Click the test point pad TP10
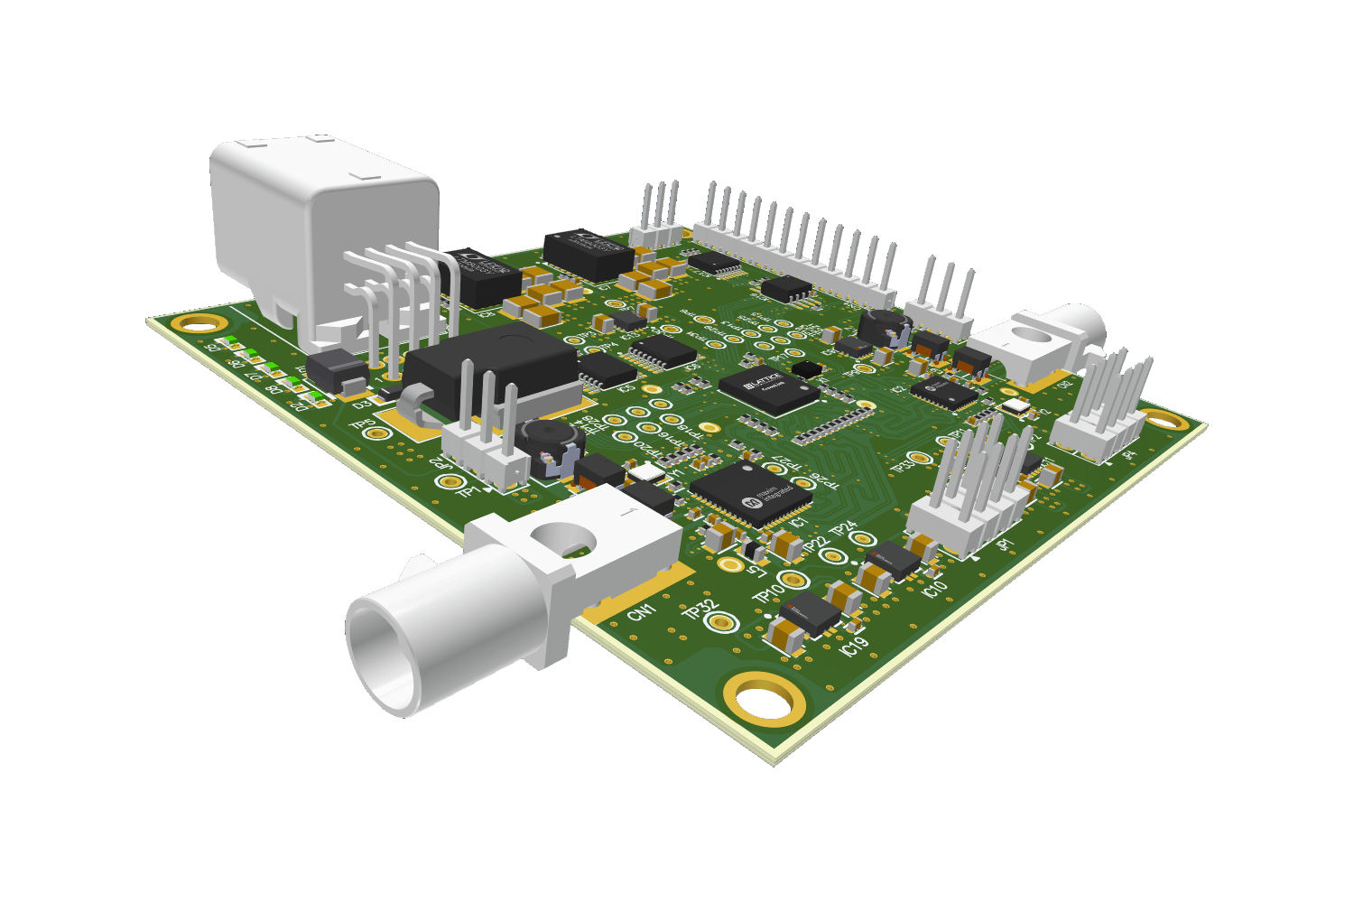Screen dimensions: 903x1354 [793, 579]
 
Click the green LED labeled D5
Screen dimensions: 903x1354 [228, 342]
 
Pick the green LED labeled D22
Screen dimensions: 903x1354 [312, 395]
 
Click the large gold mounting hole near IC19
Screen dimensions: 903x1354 [764, 698]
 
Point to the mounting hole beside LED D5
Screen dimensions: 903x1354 [199, 323]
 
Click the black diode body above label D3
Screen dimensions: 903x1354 [337, 369]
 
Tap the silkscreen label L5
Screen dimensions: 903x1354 [757, 571]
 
